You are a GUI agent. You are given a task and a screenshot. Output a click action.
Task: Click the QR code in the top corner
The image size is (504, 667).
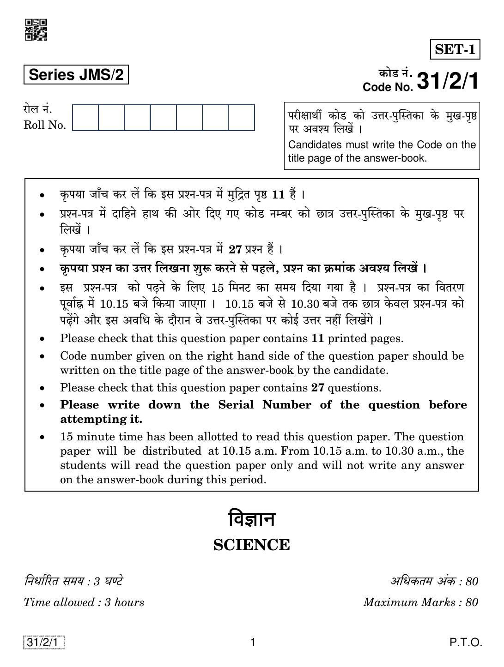[x=36, y=30]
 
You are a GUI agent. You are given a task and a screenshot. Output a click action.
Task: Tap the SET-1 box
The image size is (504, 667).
[x=455, y=49]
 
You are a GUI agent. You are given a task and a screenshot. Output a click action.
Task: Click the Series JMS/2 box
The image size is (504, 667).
[x=76, y=75]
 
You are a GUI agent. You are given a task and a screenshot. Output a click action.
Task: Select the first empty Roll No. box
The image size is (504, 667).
[x=85, y=118]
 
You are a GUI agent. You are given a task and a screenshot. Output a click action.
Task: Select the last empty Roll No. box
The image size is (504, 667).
[x=242, y=118]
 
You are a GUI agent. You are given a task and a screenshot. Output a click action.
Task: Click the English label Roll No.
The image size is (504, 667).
[x=45, y=125]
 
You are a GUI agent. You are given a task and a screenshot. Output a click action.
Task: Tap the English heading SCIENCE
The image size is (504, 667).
[x=252, y=545]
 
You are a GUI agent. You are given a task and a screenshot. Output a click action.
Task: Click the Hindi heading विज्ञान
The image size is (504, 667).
[x=252, y=519]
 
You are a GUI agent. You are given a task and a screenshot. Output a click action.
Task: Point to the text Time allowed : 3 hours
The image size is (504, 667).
[x=84, y=602]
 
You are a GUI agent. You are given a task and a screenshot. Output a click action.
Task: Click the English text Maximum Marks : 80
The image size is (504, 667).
[x=420, y=602]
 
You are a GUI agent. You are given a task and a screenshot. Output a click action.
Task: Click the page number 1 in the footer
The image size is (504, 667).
[x=252, y=642]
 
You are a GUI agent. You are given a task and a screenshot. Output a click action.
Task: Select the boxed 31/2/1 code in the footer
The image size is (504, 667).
[x=43, y=642]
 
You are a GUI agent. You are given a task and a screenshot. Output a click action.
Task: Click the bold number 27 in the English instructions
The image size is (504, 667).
[x=318, y=387]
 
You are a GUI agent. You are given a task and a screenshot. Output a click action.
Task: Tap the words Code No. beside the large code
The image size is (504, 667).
[x=388, y=87]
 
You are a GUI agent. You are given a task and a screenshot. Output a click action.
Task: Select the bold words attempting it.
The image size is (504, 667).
[x=101, y=419]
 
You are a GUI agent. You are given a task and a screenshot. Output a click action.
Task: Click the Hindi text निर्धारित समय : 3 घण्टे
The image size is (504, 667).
[x=73, y=581]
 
